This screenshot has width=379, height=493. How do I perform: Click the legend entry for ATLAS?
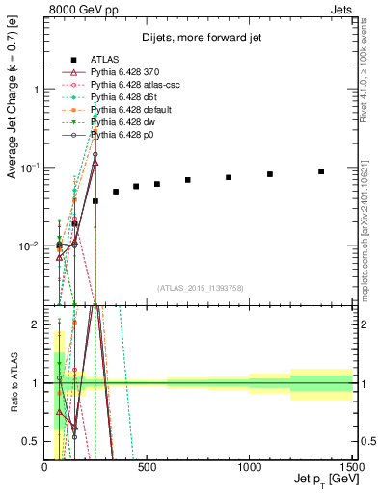(x=103, y=60)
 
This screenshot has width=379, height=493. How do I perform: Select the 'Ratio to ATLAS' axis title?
(x=12, y=384)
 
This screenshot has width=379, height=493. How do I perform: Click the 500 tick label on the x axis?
(x=147, y=467)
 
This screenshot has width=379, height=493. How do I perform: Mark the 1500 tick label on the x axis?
(x=349, y=467)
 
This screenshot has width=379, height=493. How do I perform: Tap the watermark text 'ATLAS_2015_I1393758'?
(x=199, y=288)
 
